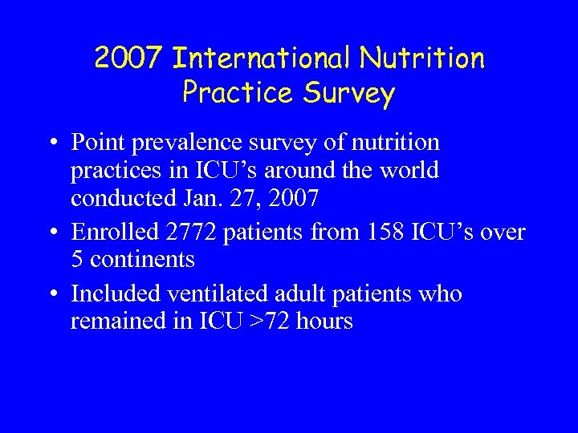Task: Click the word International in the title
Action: click(263, 59)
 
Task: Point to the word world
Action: click(409, 170)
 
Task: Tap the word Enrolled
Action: click(115, 233)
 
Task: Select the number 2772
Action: click(193, 233)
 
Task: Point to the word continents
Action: click(141, 260)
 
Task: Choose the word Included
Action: click(114, 294)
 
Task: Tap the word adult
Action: click(295, 294)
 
